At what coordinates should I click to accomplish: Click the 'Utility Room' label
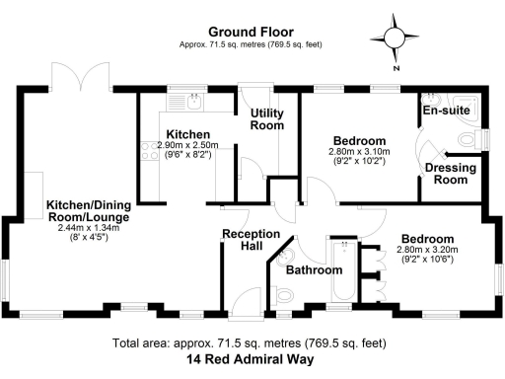coord(266,120)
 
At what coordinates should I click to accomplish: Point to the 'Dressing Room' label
coord(450,175)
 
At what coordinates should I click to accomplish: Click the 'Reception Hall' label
coord(242,241)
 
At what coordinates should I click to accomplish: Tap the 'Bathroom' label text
coord(314,269)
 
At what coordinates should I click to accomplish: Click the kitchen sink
coord(194,100)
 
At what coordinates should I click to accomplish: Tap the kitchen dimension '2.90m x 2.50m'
coord(187,145)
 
